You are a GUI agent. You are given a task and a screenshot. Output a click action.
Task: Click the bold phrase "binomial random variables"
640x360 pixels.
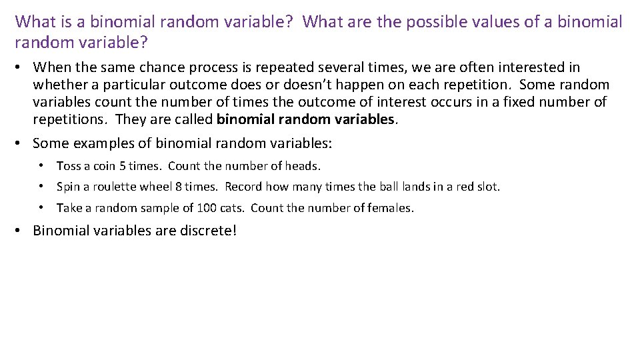(x=306, y=119)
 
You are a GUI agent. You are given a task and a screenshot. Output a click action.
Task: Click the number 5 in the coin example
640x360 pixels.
(x=123, y=166)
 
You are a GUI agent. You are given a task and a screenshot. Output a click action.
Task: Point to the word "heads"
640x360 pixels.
(x=302, y=166)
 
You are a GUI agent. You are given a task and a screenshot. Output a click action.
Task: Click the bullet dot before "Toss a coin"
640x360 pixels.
(x=41, y=166)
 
